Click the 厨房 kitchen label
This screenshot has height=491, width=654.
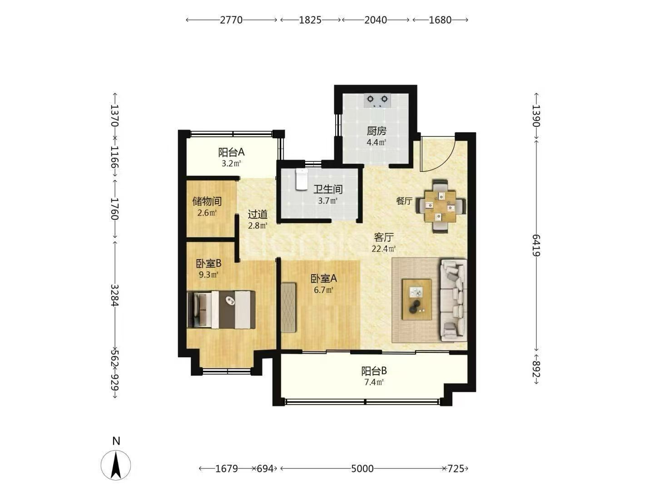click(x=377, y=131)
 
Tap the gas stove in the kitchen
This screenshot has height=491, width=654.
click(x=377, y=101)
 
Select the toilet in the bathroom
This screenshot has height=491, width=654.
click(x=302, y=179)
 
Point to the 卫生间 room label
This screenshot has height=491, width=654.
click(x=328, y=189)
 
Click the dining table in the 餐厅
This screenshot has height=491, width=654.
click(x=441, y=206)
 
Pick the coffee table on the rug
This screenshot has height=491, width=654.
click(x=416, y=299)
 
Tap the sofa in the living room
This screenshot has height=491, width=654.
click(x=453, y=300)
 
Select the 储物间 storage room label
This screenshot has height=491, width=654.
click(x=207, y=201)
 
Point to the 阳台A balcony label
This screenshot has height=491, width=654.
click(x=231, y=152)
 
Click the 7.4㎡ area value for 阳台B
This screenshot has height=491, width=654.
click(x=374, y=382)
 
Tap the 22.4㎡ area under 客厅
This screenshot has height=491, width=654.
click(x=383, y=249)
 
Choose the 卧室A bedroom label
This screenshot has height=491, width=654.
click(x=323, y=278)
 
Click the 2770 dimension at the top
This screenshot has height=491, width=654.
click(x=231, y=20)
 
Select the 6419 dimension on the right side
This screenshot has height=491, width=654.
click(x=536, y=245)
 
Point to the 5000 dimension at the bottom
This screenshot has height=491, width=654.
click(x=362, y=469)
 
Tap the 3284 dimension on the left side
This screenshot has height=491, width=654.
click(x=115, y=295)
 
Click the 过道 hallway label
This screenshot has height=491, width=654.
click(x=258, y=214)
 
